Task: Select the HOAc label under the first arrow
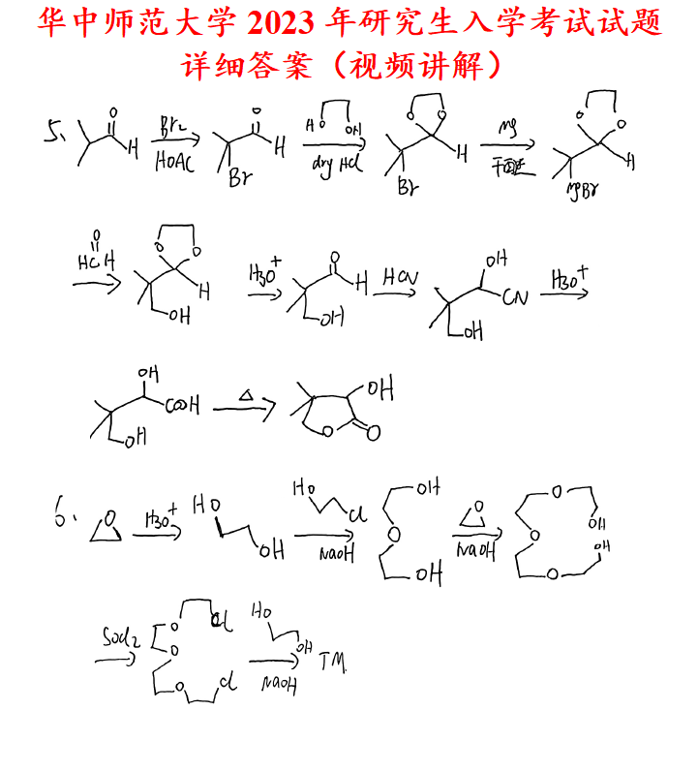[175, 162]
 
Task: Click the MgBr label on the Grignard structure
[581, 187]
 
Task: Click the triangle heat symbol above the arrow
[247, 396]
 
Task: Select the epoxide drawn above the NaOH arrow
[475, 511]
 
